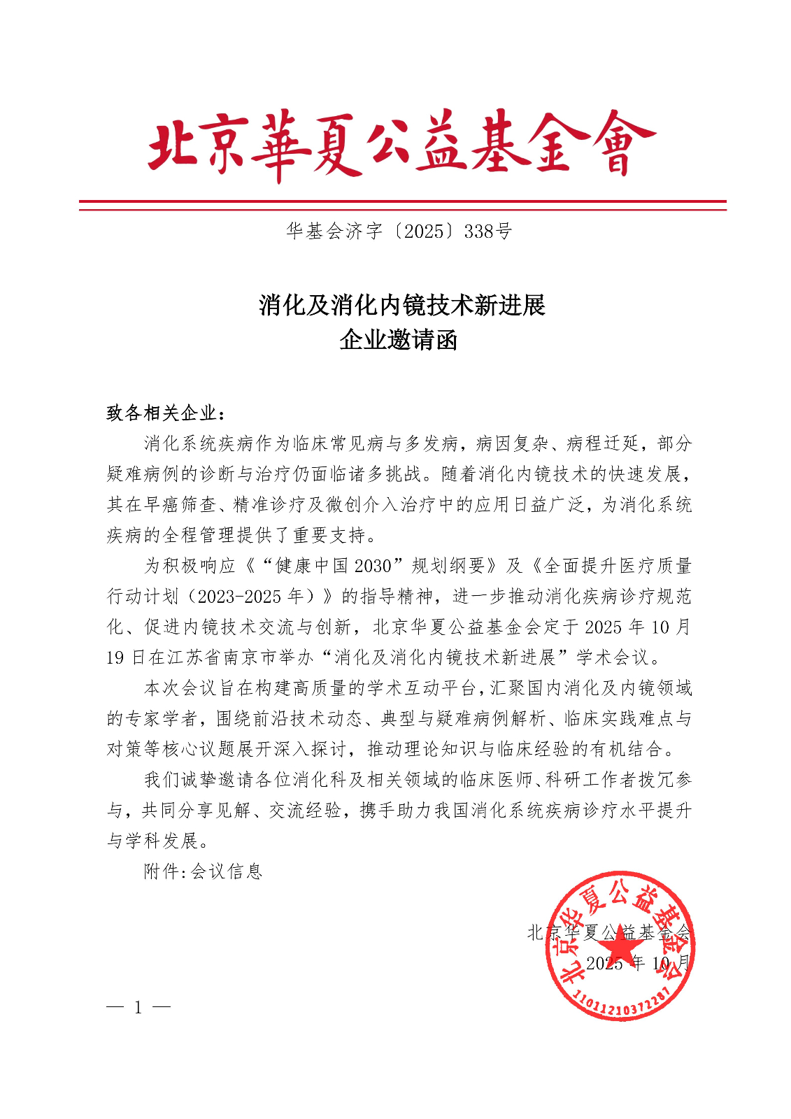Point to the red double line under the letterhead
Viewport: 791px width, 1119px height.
[x=402, y=205]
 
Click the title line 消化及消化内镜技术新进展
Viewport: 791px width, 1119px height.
[x=401, y=306]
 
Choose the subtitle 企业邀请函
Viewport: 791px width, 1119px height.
[x=399, y=341]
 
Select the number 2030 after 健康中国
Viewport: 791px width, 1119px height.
[x=373, y=566]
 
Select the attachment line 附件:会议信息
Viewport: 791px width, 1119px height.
[x=203, y=871]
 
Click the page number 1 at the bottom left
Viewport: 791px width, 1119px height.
[x=138, y=1008]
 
